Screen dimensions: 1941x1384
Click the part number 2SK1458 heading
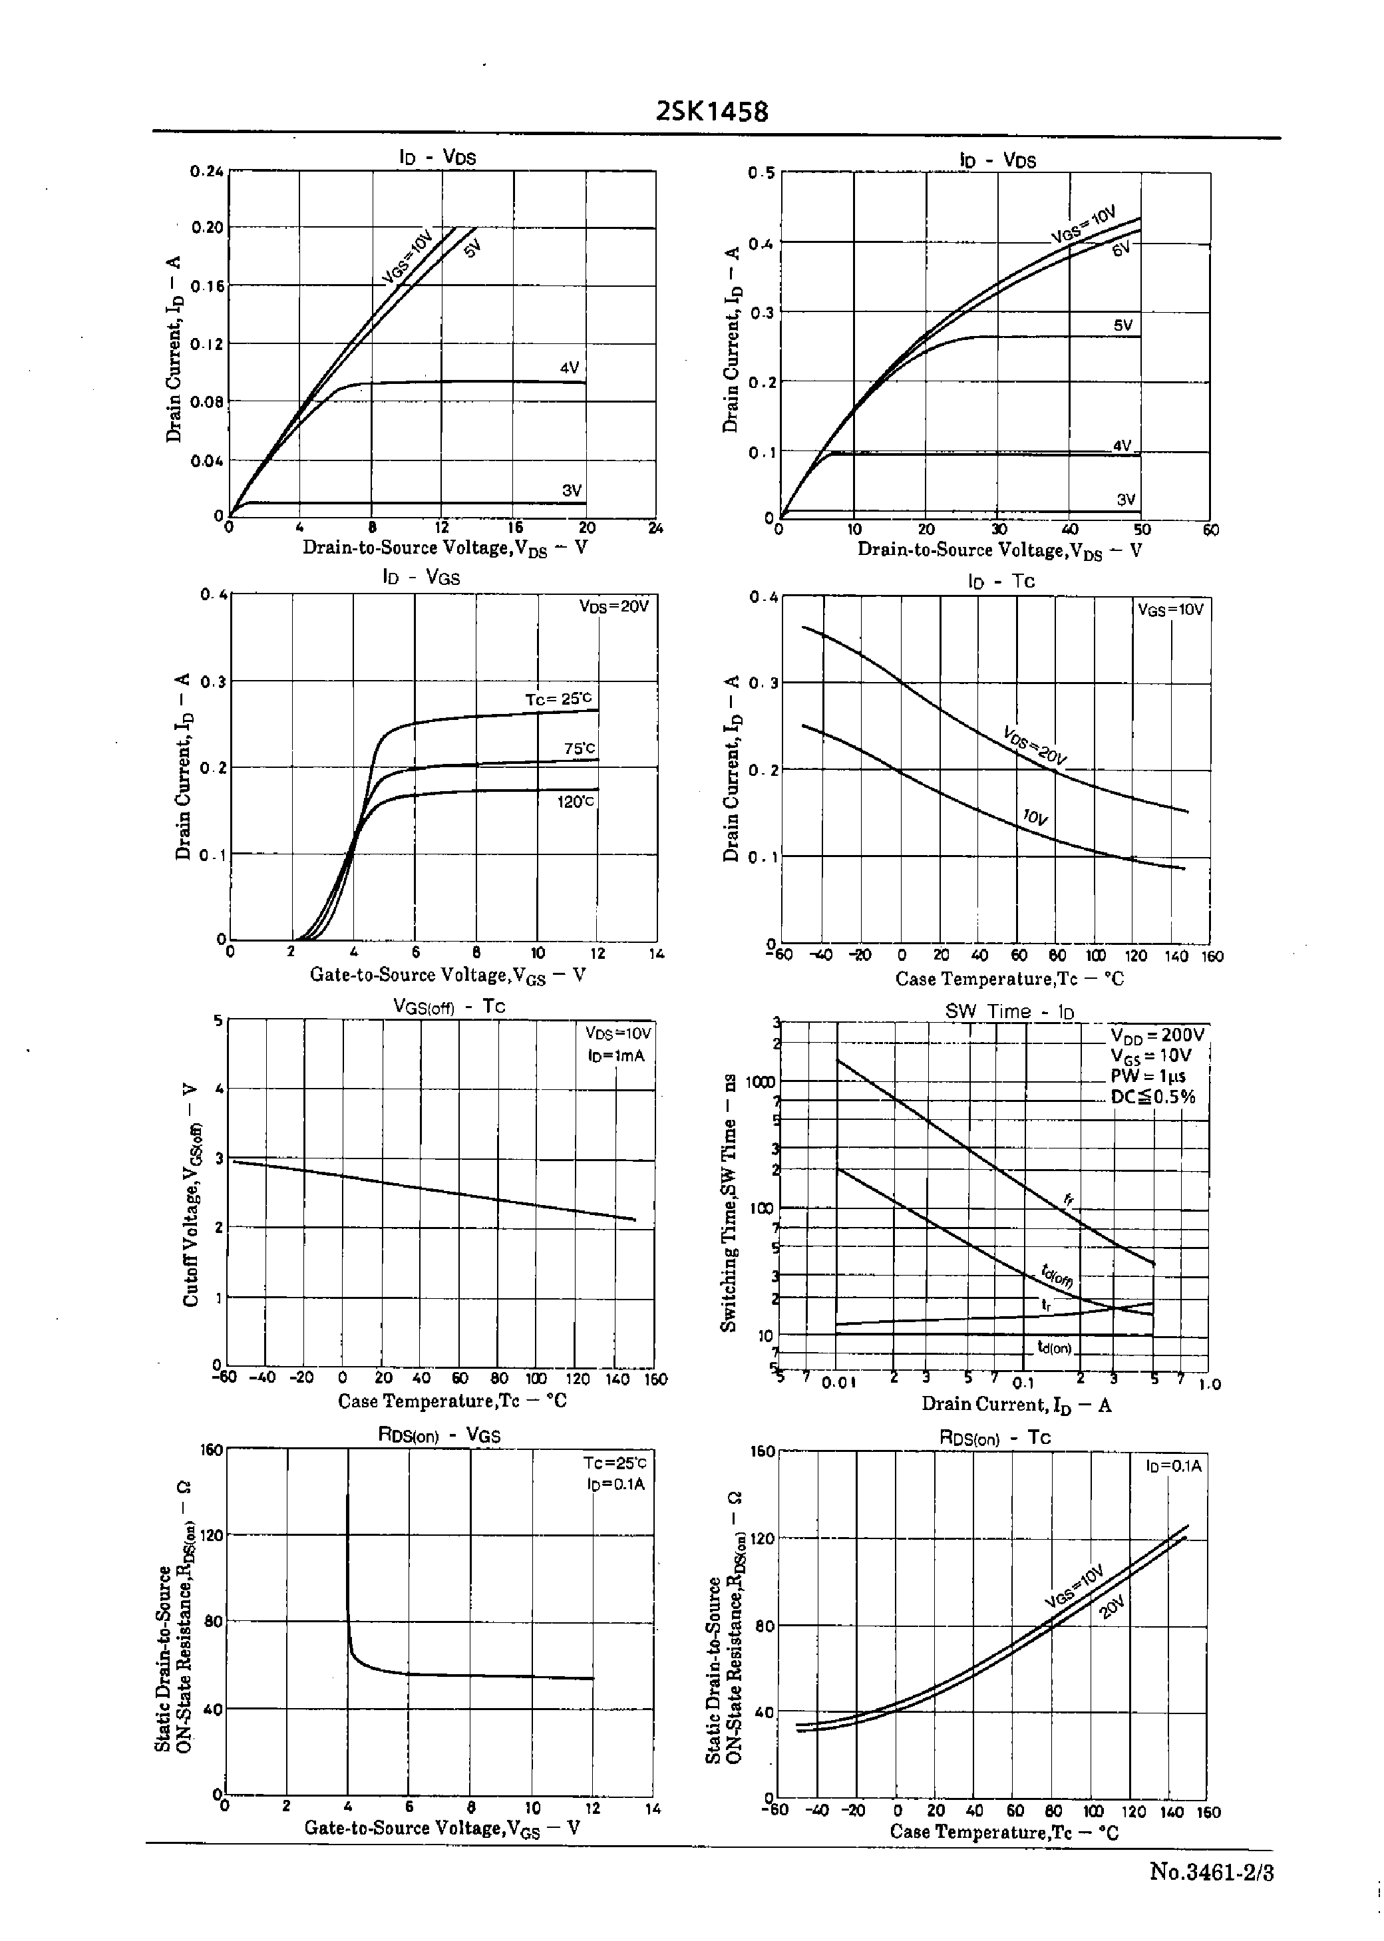coord(713,112)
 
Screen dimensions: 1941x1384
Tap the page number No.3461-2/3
coord(1211,1872)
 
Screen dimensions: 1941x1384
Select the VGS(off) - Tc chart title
coord(449,1005)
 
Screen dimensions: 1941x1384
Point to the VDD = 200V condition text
coord(1157,1035)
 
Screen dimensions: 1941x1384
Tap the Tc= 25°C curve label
coord(558,699)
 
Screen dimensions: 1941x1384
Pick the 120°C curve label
coord(576,801)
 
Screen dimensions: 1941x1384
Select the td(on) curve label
coord(1054,1347)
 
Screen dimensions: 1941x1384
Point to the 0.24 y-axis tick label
coord(207,170)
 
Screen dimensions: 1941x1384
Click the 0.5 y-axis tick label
coord(761,173)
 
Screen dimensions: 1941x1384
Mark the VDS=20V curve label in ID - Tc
coord(1035,744)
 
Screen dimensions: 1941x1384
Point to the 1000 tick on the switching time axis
coord(760,1082)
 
